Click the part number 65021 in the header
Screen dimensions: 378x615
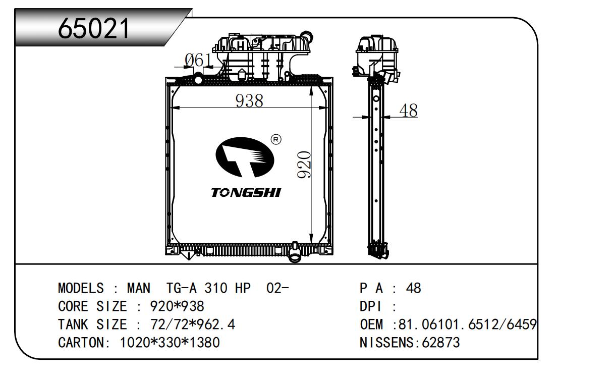94,29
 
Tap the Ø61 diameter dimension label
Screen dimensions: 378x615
197,61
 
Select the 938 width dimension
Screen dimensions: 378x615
249,101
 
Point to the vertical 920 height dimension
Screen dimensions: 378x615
304,165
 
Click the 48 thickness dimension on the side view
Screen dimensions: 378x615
408,111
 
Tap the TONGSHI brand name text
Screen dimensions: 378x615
246,193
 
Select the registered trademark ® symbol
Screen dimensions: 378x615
276,139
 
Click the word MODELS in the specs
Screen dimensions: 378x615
81,289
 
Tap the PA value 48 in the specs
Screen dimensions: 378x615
413,289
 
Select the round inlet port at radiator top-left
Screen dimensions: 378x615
198,79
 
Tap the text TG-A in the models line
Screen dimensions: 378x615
182,289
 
